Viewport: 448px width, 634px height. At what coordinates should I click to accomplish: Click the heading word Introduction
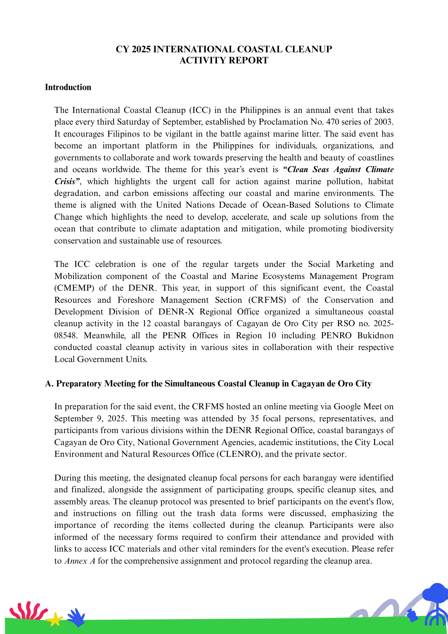pos(68,87)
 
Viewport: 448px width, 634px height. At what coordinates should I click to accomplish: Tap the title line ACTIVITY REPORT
pos(224,60)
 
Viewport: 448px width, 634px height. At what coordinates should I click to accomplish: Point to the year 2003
pos(383,122)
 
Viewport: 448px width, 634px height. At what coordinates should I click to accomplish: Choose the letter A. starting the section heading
pos(49,384)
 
